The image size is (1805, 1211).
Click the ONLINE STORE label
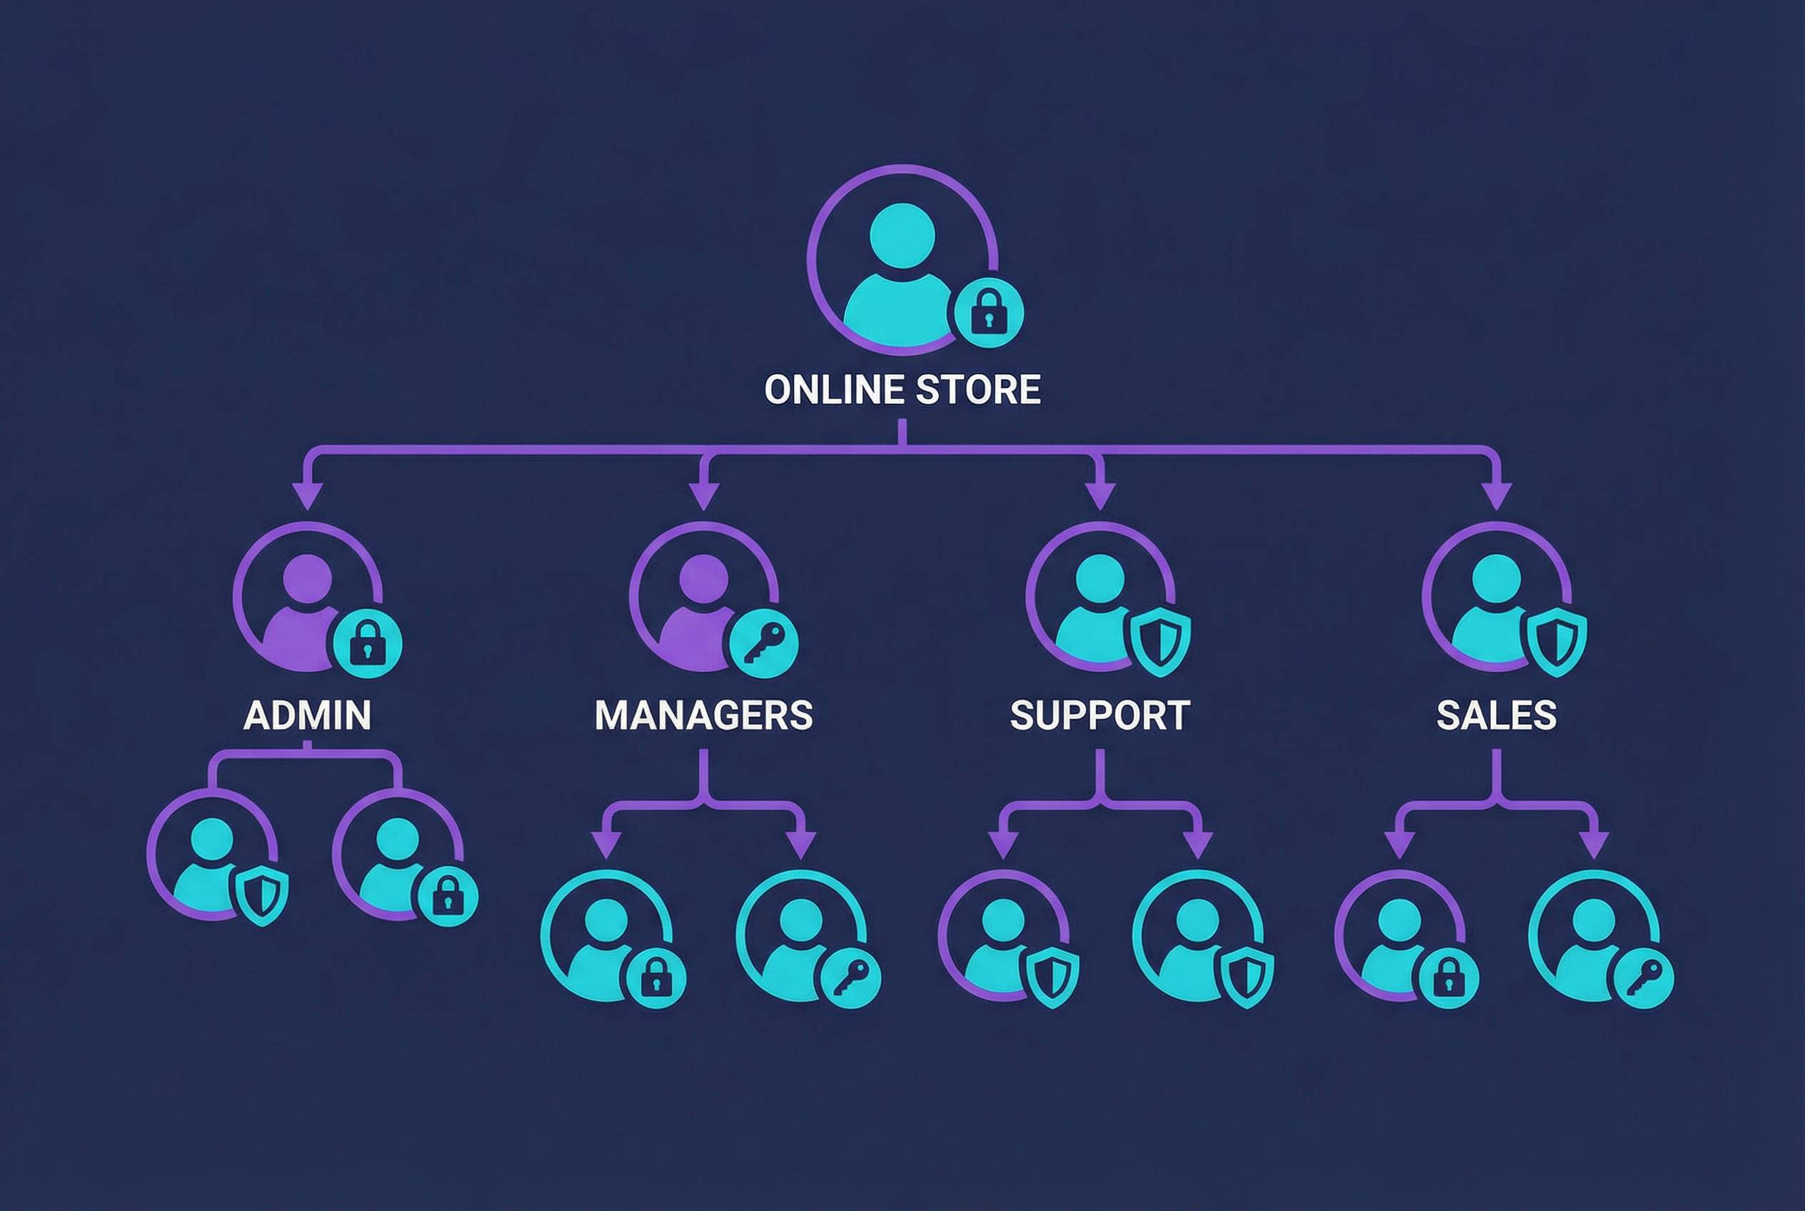(x=902, y=389)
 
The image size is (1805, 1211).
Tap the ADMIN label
(x=308, y=715)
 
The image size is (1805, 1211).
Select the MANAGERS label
(x=703, y=715)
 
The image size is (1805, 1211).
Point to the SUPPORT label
(x=1100, y=715)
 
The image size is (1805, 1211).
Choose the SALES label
(x=1496, y=715)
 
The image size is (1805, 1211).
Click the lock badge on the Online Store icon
(x=989, y=312)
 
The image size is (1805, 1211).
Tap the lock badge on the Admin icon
(x=367, y=643)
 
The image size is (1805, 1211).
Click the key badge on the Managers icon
(x=764, y=643)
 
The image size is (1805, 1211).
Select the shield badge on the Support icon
(x=1160, y=641)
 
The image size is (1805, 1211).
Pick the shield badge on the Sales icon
(x=1557, y=641)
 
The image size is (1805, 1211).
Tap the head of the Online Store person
(x=902, y=236)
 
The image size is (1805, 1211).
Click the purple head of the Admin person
(x=308, y=578)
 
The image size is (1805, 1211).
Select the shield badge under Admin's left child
(x=262, y=895)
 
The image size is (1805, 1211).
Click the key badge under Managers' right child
(x=850, y=977)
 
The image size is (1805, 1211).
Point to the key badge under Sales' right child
(x=1644, y=977)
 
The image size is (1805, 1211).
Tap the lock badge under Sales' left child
(x=1448, y=977)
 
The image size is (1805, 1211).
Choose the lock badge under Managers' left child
(x=655, y=977)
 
